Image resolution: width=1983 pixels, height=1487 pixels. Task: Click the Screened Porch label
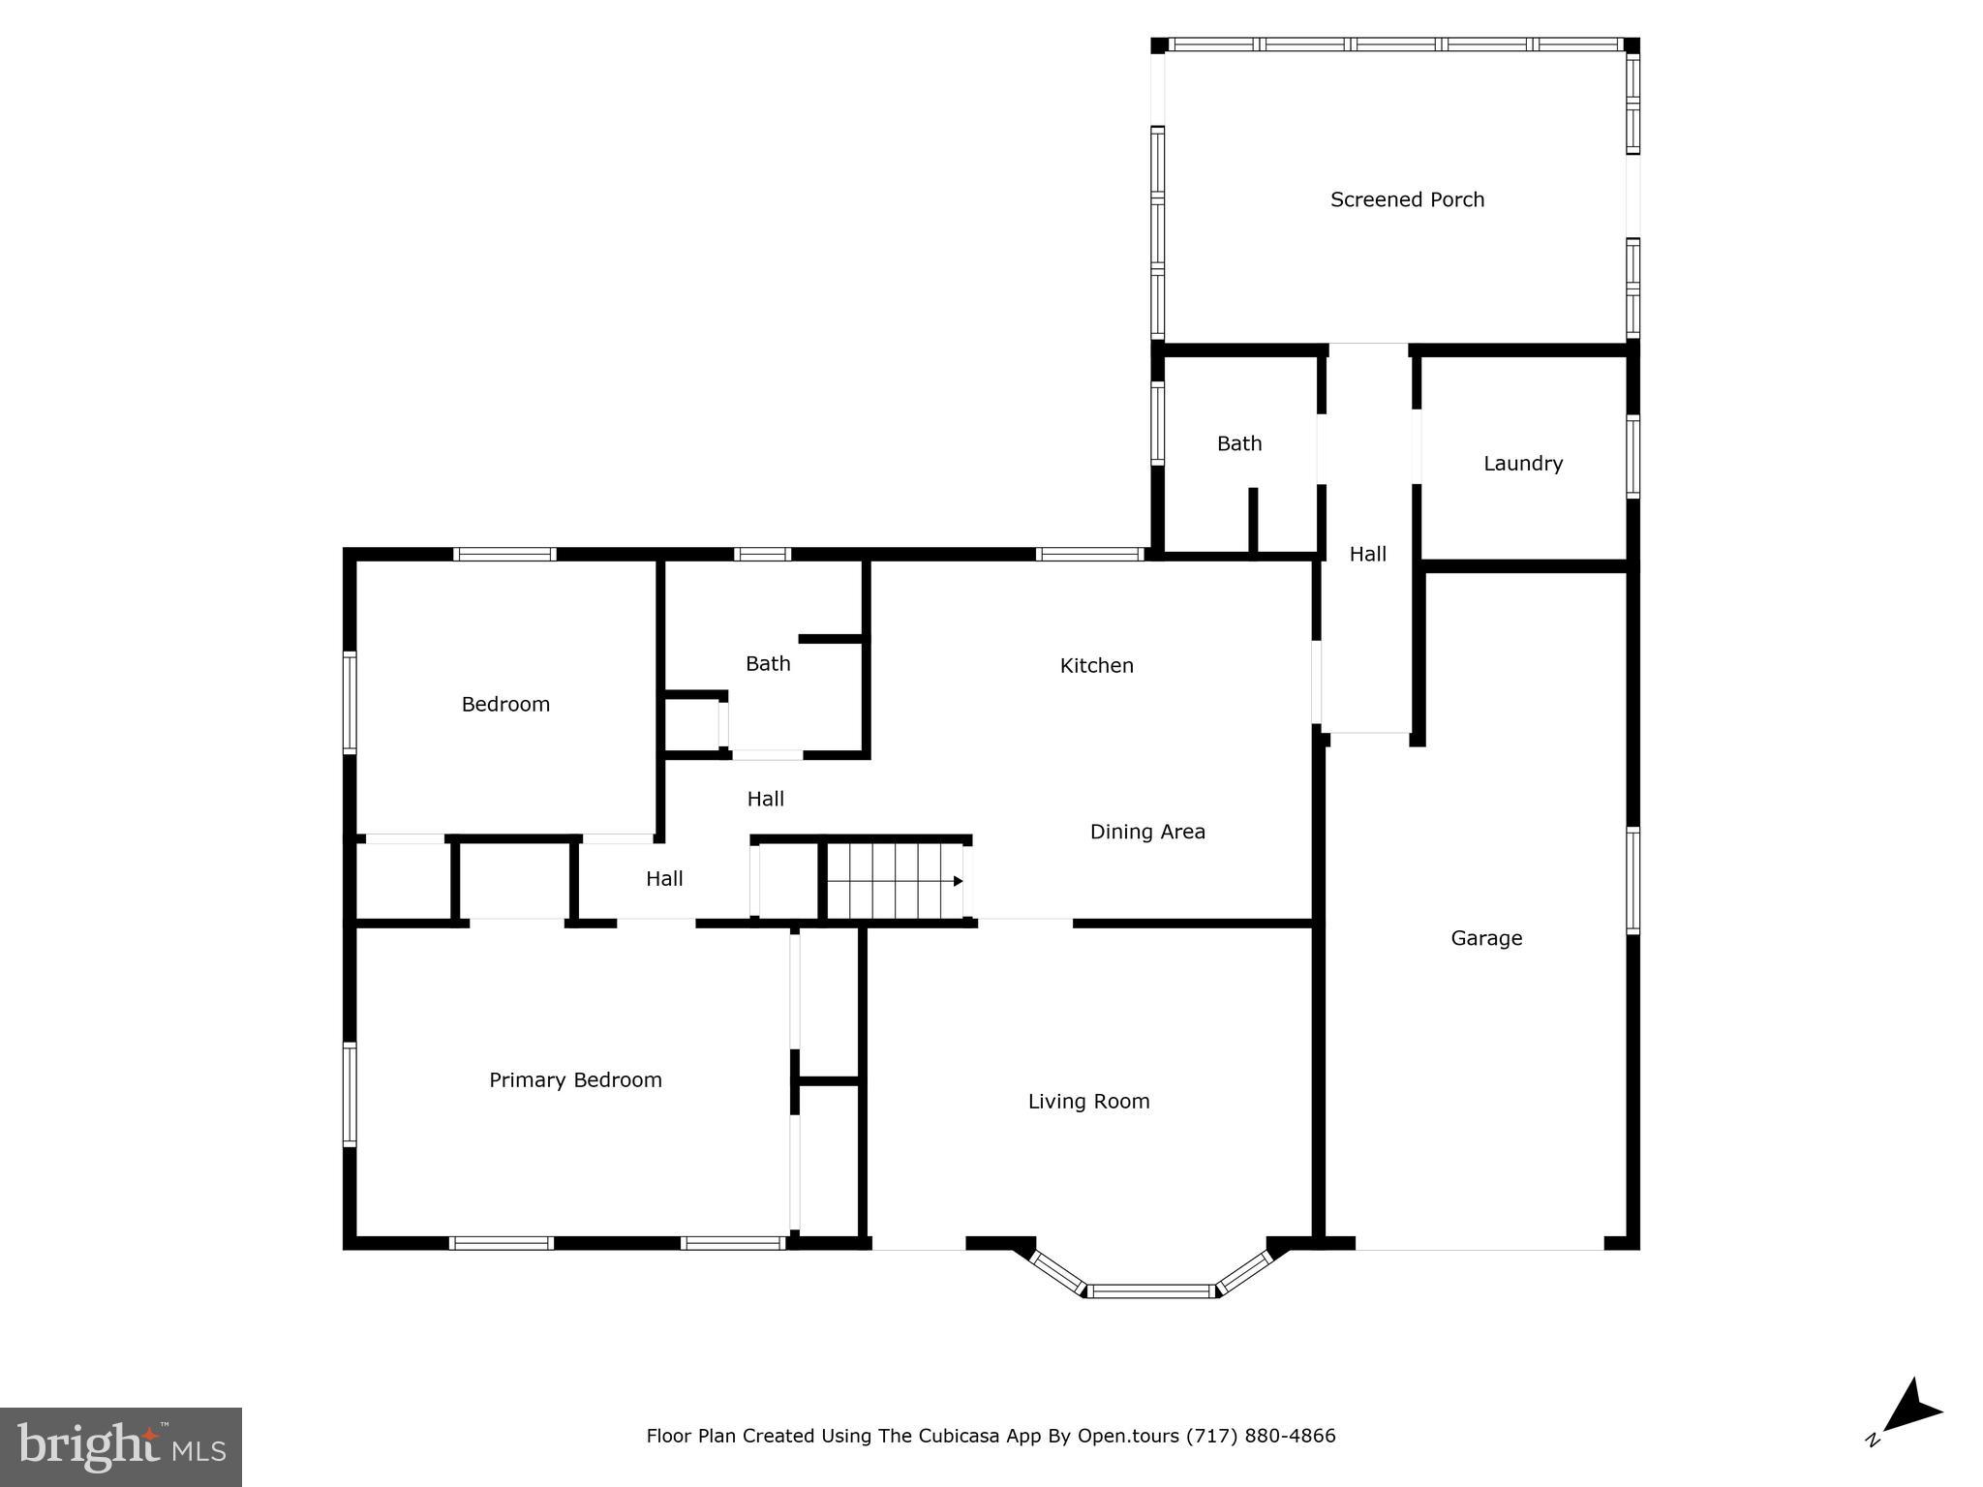coord(1407,199)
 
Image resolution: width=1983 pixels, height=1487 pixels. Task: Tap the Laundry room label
coord(1523,464)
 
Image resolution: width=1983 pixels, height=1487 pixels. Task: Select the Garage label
coord(1486,938)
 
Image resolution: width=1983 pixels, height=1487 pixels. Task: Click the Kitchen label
coord(1096,665)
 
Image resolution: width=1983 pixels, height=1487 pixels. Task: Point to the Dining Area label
coord(1147,832)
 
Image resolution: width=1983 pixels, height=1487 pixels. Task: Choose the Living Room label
coord(1088,1101)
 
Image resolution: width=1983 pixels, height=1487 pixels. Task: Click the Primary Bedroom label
coord(575,1079)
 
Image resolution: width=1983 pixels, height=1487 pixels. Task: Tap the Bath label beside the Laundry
coord(1239,443)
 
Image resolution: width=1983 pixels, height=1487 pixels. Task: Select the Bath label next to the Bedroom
coord(768,663)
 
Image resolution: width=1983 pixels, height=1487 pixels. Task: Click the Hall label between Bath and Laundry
coord(1367,554)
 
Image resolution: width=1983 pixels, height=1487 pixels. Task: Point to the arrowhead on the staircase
coord(958,881)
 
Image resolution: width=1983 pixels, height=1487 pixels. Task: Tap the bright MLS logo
coord(121,1446)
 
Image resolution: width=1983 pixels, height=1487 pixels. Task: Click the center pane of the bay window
coord(1150,1290)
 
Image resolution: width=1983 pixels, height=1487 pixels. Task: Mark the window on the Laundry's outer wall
coord(1632,456)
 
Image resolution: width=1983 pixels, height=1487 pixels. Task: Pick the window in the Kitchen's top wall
coord(1089,555)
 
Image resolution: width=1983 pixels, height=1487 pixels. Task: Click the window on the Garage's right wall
coord(1632,880)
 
